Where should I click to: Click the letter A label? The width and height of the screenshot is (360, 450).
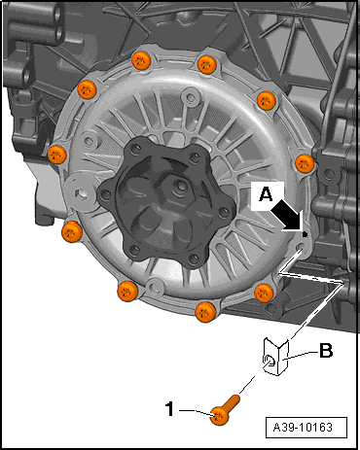coord(266,195)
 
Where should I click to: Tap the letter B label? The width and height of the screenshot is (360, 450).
coord(326,351)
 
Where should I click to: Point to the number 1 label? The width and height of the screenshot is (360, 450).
coord(170,409)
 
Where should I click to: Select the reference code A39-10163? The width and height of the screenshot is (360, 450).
coord(303,428)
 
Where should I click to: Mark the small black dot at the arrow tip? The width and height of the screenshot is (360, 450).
coord(305,233)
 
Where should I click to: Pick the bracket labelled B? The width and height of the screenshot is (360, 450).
coord(275,357)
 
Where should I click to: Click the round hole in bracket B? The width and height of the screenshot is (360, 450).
coord(269,361)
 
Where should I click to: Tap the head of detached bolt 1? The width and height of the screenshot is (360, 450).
coord(219,416)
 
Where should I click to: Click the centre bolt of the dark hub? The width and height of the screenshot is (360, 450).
coord(178,188)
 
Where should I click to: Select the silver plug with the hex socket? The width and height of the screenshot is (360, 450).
coord(81,191)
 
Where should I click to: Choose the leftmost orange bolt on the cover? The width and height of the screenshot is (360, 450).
coord(57,155)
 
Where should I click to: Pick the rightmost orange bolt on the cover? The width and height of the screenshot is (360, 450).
coord(305,163)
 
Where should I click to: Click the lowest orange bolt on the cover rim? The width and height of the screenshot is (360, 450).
coord(205,312)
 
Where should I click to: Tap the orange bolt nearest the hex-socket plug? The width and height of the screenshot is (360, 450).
coord(72,231)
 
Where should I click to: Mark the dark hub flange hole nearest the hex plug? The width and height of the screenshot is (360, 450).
coord(105,194)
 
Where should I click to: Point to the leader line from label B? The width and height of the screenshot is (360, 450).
coord(300,356)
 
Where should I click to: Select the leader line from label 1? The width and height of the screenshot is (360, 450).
coord(196,411)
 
